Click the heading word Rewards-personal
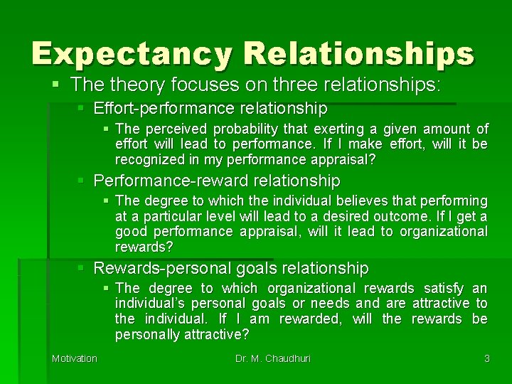[157, 268]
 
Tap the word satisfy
[444, 289]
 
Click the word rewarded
[309, 319]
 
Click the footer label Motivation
[74, 358]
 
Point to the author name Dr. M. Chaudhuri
[274, 358]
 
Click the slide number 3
[486, 358]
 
